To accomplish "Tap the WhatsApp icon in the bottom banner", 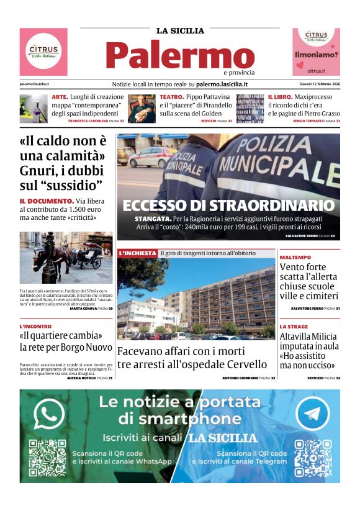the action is (x=49, y=414).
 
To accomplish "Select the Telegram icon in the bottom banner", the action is (x=312, y=414).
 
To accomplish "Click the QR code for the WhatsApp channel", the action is (x=48, y=459).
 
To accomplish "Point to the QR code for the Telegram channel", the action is (x=313, y=459).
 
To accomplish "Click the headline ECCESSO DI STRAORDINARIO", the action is (x=228, y=206).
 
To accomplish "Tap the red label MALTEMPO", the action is (x=295, y=256).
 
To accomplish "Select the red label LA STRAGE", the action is (x=294, y=326).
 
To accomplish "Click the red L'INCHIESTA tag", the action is (x=137, y=253).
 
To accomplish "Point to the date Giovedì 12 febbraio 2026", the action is (x=317, y=84).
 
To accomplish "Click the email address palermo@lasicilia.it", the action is (x=34, y=84).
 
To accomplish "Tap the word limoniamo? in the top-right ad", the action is (x=316, y=55).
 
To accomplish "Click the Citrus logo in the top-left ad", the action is (x=43, y=51).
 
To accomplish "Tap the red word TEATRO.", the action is (x=171, y=97).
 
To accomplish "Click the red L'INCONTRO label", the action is (x=35, y=326).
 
